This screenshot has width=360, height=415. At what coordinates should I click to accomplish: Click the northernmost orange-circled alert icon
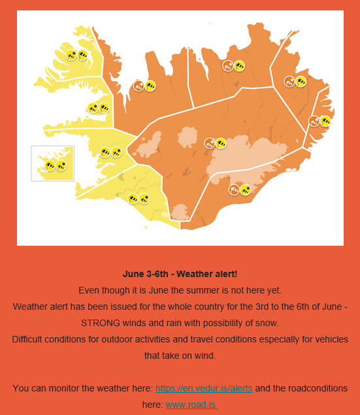228,65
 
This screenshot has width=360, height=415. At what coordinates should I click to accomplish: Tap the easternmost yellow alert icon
325,121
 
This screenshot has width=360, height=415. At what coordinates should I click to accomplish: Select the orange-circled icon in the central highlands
210,142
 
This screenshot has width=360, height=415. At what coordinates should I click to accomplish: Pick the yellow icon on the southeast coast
245,190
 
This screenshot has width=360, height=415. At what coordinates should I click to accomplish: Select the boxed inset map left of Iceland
53,163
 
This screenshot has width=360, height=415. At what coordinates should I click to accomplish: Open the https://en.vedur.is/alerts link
204,388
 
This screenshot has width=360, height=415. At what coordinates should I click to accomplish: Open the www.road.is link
191,405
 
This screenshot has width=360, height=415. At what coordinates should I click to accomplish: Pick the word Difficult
31,339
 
